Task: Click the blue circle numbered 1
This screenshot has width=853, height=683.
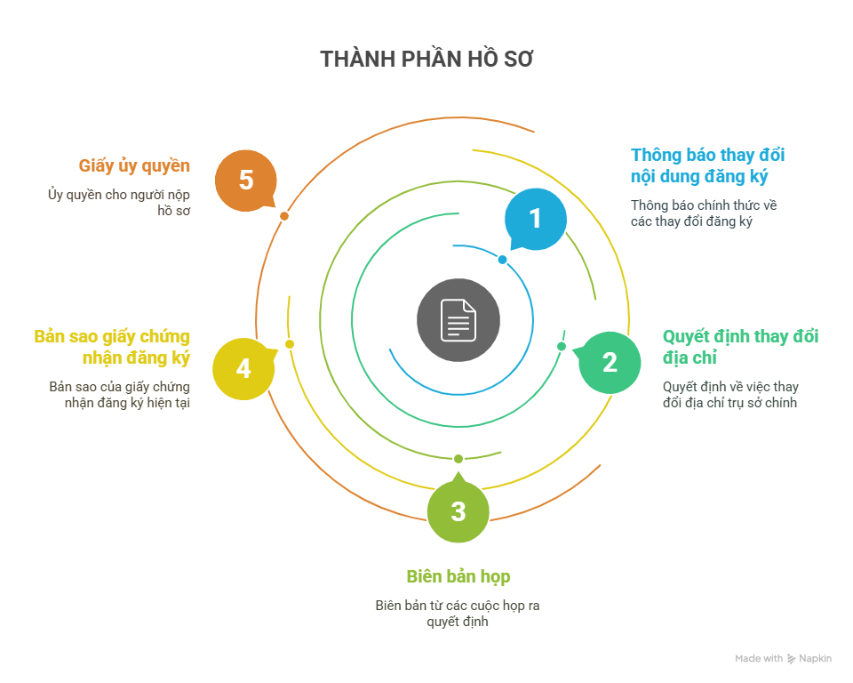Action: click(x=535, y=218)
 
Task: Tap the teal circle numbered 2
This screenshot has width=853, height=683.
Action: click(x=610, y=362)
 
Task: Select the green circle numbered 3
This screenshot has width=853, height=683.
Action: click(x=458, y=511)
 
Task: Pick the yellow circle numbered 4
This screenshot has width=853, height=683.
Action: click(x=243, y=367)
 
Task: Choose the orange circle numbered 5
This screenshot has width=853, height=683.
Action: click(x=246, y=181)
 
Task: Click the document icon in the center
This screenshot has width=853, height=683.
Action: click(x=458, y=320)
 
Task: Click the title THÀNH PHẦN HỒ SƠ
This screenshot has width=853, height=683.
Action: click(x=426, y=60)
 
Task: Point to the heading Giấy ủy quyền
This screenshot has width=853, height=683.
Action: click(x=134, y=166)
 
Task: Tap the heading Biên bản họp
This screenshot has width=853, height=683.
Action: click(x=458, y=576)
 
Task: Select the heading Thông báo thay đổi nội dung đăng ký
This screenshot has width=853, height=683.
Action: click(x=708, y=165)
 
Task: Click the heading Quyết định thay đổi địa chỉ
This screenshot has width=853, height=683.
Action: click(x=740, y=347)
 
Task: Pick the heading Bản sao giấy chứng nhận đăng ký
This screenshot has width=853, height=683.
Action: click(x=112, y=347)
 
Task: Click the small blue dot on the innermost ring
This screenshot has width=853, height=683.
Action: click(x=502, y=260)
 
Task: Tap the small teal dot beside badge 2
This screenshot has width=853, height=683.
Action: click(x=562, y=346)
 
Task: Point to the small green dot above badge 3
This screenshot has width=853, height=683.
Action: click(x=458, y=459)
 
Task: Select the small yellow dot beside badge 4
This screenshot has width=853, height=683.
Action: click(x=290, y=344)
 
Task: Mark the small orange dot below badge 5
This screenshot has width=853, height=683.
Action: click(x=284, y=216)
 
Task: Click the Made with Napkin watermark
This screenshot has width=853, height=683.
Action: click(x=783, y=659)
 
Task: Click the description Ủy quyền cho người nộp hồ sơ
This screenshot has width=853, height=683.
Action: click(x=119, y=203)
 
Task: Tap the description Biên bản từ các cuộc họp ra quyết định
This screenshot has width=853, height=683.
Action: click(x=458, y=614)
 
